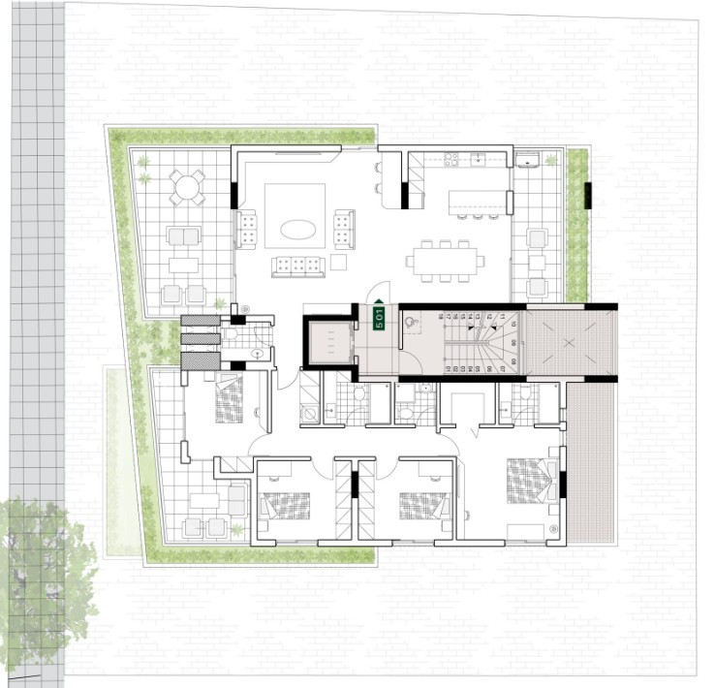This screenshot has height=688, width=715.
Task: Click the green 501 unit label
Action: pos(381,318)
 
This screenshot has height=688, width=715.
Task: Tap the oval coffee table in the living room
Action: pos(296,230)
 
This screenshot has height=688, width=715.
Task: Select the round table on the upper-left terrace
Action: pos(187,185)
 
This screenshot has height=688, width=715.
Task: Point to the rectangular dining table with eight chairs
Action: pos(445,260)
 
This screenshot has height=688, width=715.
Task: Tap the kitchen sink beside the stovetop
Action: pos(477,159)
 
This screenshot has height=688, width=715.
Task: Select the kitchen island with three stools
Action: pos(476,201)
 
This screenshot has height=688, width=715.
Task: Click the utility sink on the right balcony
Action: pos(528,161)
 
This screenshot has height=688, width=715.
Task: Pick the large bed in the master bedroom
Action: pos(529,481)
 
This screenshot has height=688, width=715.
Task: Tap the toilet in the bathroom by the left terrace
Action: pos(254,354)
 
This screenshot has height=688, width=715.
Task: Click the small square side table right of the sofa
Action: pos(337,262)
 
